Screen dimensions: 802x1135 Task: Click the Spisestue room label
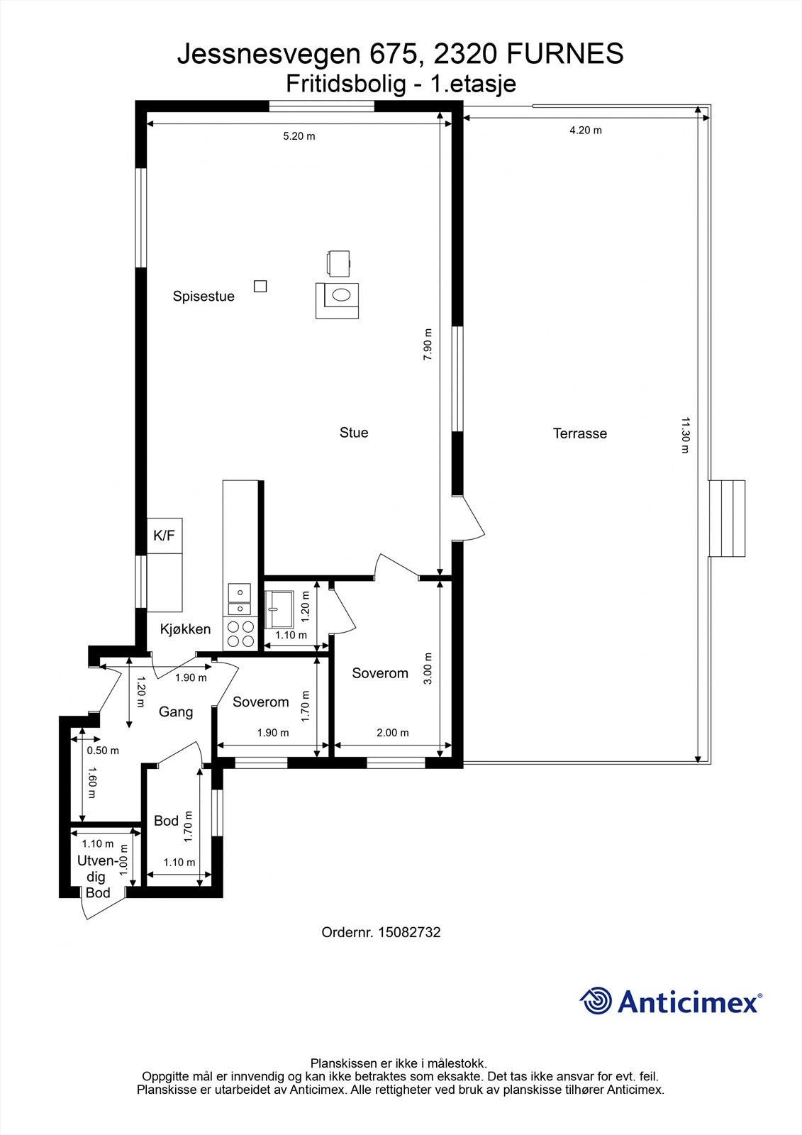pyautogui.click(x=204, y=297)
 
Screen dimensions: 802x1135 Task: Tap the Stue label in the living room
pyautogui.click(x=354, y=432)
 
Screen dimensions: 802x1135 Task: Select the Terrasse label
pyautogui.click(x=579, y=433)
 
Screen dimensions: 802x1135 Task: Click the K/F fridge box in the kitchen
pyautogui.click(x=165, y=536)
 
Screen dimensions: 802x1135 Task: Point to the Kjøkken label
pyautogui.click(x=185, y=629)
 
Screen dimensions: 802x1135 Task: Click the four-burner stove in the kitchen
pyautogui.click(x=240, y=634)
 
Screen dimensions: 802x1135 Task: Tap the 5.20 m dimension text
pyautogui.click(x=299, y=136)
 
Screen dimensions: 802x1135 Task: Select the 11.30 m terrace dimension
pyautogui.click(x=685, y=435)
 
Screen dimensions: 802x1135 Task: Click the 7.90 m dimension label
pyautogui.click(x=428, y=344)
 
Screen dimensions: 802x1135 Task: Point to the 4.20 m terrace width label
pyautogui.click(x=586, y=131)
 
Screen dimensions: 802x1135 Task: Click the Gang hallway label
pyautogui.click(x=176, y=712)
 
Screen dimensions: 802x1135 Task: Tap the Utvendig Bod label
pyautogui.click(x=97, y=877)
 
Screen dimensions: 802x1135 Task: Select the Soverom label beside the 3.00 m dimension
pyautogui.click(x=380, y=673)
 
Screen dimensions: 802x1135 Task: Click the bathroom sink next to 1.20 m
pyautogui.click(x=279, y=609)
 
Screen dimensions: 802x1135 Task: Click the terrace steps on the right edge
pyautogui.click(x=727, y=518)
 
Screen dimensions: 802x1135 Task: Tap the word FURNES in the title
pyautogui.click(x=565, y=54)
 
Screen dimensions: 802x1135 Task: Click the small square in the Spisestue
pyautogui.click(x=260, y=287)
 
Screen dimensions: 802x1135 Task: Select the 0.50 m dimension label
pyautogui.click(x=103, y=751)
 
